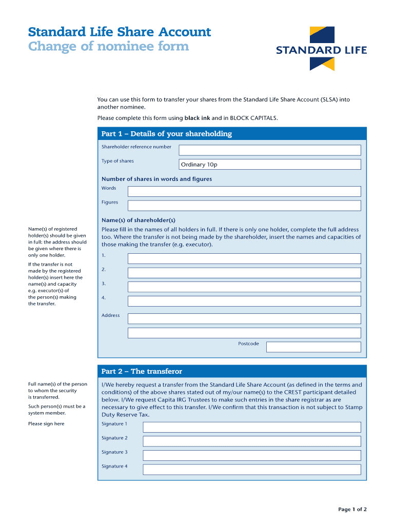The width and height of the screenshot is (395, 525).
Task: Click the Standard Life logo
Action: click(x=322, y=49)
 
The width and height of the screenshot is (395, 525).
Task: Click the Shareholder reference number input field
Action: click(x=269, y=150)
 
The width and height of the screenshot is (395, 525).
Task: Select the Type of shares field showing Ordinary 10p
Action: click(x=269, y=165)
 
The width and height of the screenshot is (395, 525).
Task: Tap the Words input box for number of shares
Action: click(x=244, y=191)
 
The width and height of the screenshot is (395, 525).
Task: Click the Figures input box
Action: click(x=244, y=206)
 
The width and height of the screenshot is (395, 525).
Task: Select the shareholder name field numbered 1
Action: click(x=244, y=258)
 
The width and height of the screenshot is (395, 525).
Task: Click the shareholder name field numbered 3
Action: click(x=244, y=287)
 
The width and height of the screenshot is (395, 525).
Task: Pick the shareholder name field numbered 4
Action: click(x=244, y=301)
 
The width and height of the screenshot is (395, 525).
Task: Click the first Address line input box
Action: click(x=244, y=319)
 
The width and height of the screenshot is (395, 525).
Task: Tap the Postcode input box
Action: click(x=313, y=347)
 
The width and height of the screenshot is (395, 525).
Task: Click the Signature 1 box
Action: click(x=251, y=427)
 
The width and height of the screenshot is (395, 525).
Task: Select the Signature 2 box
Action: click(x=251, y=441)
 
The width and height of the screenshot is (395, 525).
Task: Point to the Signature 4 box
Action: click(x=251, y=470)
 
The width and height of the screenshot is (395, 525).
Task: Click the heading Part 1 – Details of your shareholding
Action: click(x=167, y=134)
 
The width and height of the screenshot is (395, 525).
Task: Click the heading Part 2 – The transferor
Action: click(x=142, y=371)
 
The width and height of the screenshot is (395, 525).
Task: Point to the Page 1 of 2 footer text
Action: click(x=352, y=509)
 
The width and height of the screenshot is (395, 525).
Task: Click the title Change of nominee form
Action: click(x=108, y=47)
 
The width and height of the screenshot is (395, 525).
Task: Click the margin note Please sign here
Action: click(x=46, y=424)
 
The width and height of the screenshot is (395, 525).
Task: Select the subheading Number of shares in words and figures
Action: click(x=156, y=179)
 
